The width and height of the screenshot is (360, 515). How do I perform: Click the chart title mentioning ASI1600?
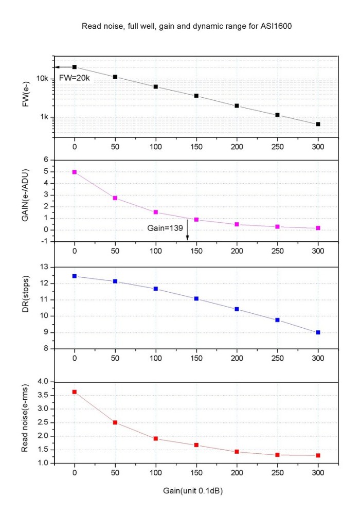click(180, 25)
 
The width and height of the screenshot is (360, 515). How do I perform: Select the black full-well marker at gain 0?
click(75, 67)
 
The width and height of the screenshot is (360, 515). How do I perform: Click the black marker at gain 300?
click(318, 124)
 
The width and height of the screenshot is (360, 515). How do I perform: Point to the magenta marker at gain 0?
click(75, 172)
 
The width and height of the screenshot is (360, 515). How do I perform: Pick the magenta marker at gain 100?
click(156, 212)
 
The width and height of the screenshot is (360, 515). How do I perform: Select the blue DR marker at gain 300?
click(318, 332)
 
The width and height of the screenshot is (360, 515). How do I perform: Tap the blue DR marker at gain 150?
click(196, 298)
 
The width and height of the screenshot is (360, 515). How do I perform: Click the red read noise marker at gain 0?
click(75, 392)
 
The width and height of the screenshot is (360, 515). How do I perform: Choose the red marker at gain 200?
click(237, 452)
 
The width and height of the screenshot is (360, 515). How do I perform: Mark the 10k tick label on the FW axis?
click(42, 79)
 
